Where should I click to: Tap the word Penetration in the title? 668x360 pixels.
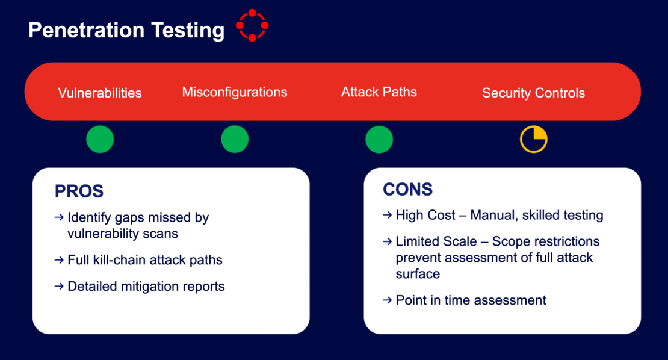pos(87,30)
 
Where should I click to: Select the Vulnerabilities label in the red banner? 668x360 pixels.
pos(100,93)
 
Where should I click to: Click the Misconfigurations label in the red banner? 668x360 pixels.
pos(235,92)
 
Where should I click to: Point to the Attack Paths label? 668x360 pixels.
pos(379,92)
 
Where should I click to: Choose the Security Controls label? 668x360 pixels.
pos(533,93)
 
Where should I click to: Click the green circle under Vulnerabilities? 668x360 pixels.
pos(100,139)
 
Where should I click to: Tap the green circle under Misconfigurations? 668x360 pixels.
pos(235,139)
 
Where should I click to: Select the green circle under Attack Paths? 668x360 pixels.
pos(379,139)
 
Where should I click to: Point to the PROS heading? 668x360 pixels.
pos(79,191)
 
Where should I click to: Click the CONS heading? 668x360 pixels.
pos(407,189)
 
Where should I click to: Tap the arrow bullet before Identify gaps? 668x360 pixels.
pos(59,217)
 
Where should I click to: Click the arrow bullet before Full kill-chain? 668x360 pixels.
pos(59,260)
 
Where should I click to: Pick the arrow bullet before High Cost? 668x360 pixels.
pos(387,215)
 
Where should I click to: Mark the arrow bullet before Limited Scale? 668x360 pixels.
pos(387,241)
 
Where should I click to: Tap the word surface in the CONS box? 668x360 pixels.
pos(418,274)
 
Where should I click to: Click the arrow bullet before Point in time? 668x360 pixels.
pos(387,300)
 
